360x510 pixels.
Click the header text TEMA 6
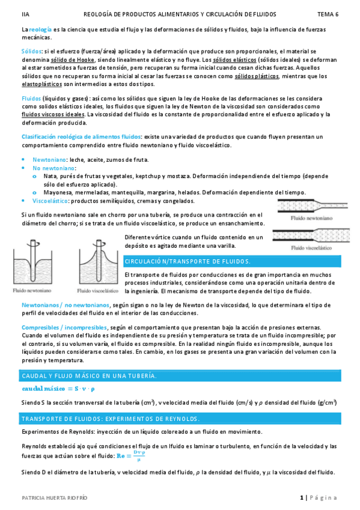(328, 13)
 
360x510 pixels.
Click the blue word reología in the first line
(40, 29)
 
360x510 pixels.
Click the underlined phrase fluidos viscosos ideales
(53, 114)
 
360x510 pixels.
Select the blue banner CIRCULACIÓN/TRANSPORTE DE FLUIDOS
(187, 262)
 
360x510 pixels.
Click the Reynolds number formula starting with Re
(132, 455)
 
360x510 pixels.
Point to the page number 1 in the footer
(301, 497)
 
